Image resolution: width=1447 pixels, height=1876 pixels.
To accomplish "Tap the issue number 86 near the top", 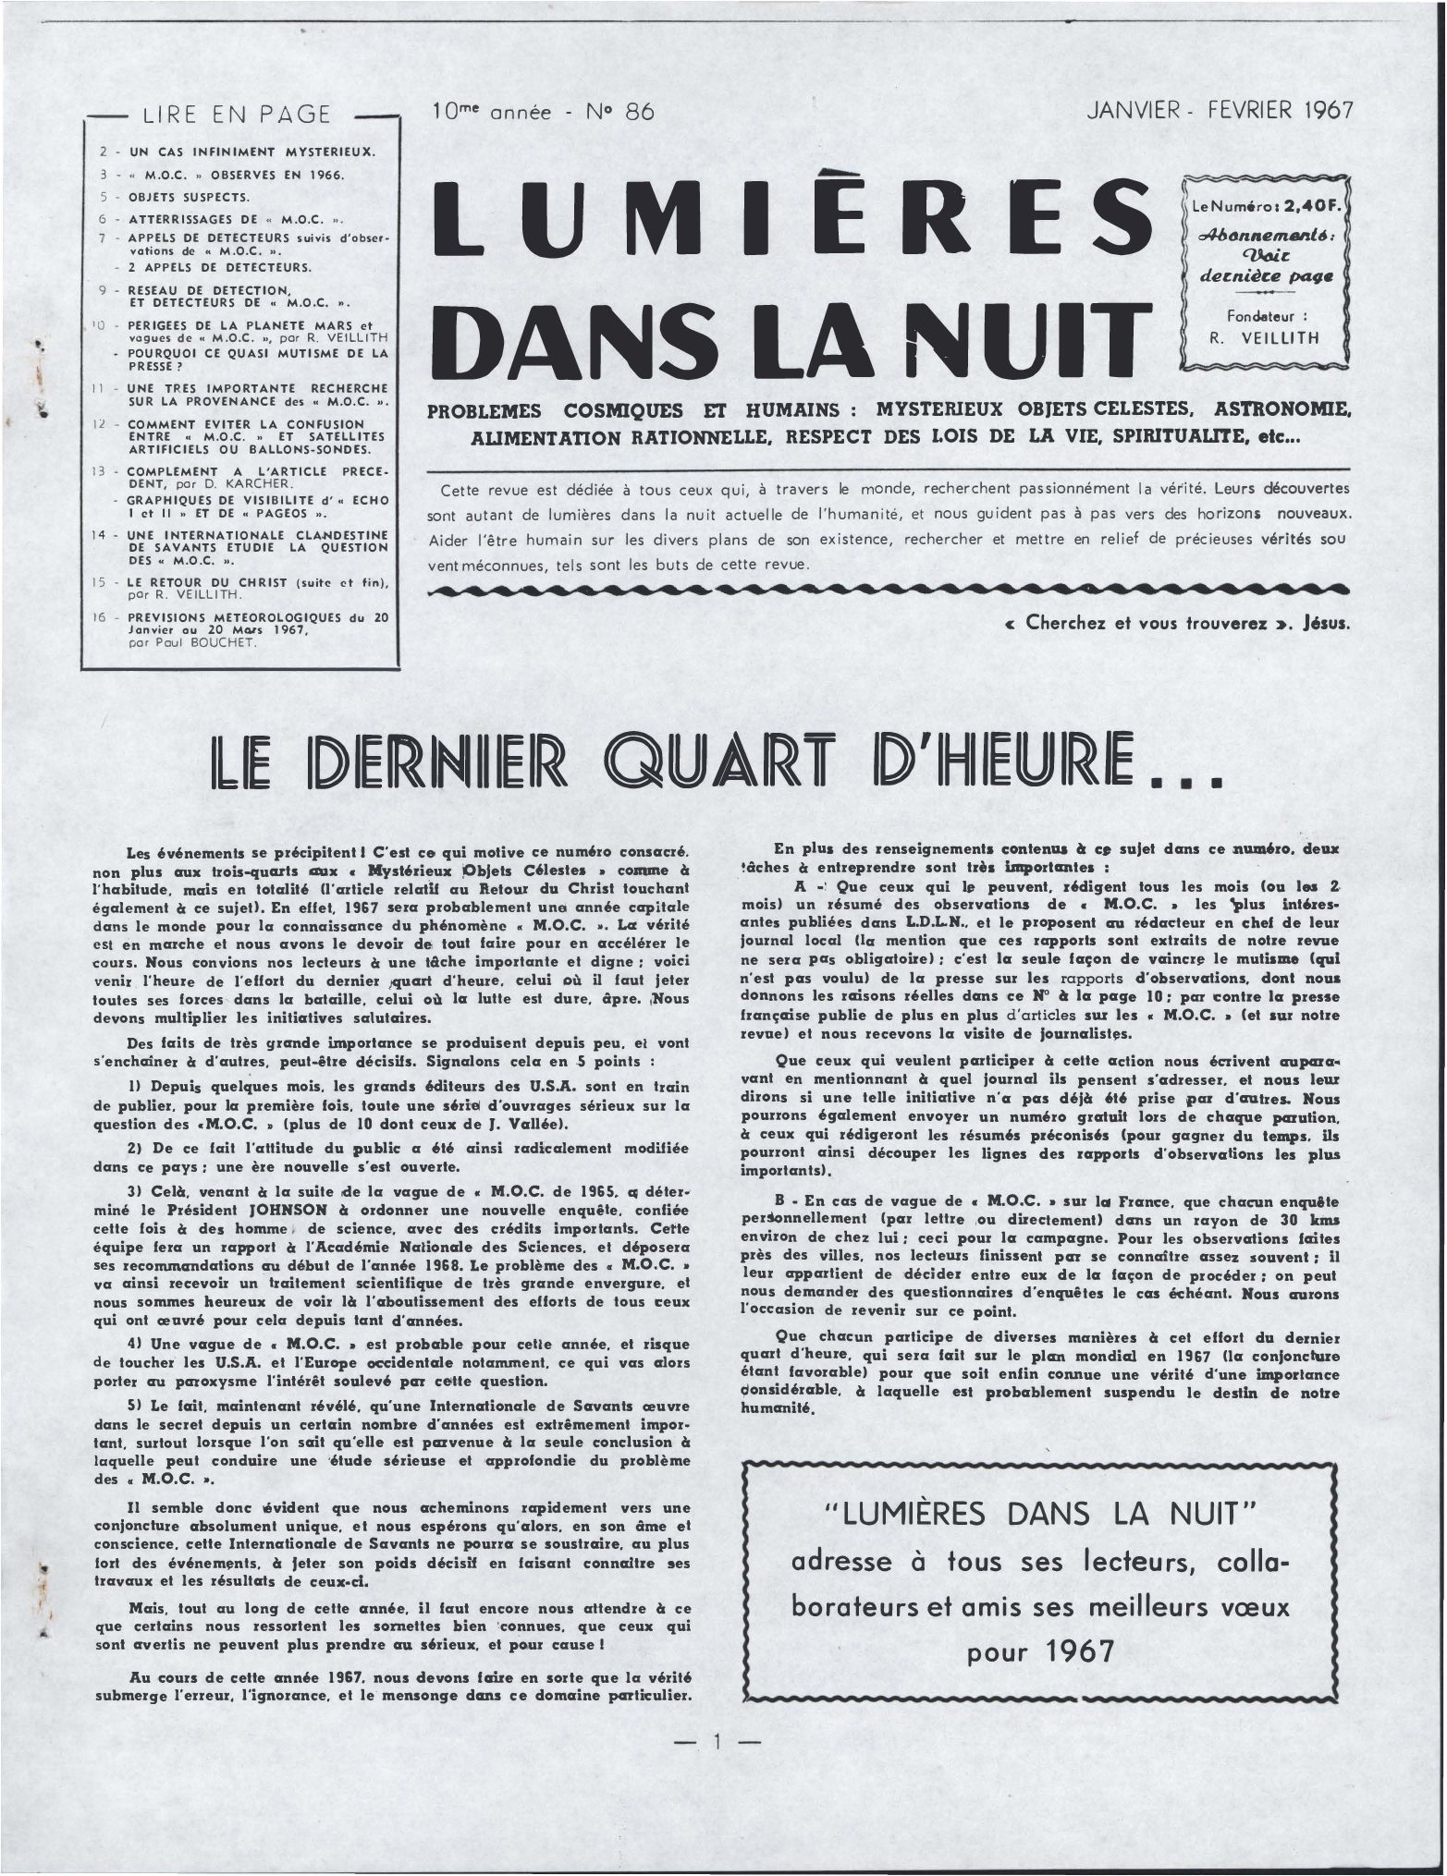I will click(x=639, y=113).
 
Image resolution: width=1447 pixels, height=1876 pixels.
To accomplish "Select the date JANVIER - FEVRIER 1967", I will click(x=1220, y=111).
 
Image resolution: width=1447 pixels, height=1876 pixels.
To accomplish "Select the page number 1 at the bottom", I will click(x=717, y=1743).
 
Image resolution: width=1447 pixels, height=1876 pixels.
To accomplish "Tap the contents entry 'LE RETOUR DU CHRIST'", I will click(x=217, y=582).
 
